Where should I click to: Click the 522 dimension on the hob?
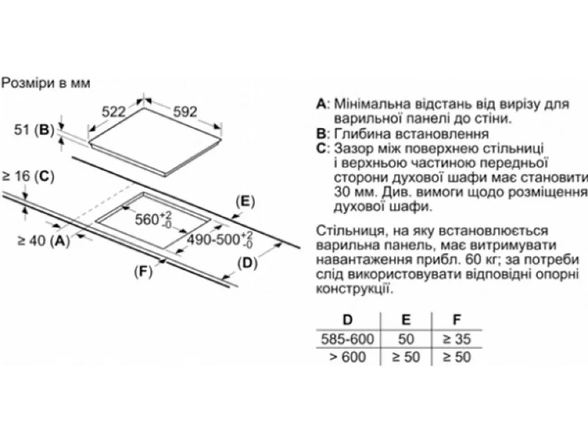point(114,112)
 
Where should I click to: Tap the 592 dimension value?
point(185,112)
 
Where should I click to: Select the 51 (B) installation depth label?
point(34,130)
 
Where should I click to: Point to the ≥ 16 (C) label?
point(29,176)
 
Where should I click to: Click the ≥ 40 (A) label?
point(44,241)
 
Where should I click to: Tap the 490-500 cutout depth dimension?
point(220,239)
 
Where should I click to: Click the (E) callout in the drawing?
point(245,202)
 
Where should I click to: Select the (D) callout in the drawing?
point(247,264)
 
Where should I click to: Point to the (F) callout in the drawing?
point(144,272)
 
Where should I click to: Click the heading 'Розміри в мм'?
point(46,83)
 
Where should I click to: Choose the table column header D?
point(347,320)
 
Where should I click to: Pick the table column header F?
point(457,320)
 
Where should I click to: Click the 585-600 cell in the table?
point(347,339)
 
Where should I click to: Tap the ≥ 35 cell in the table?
point(457,339)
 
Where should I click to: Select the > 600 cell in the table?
point(347,357)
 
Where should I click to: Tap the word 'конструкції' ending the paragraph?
point(355,289)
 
